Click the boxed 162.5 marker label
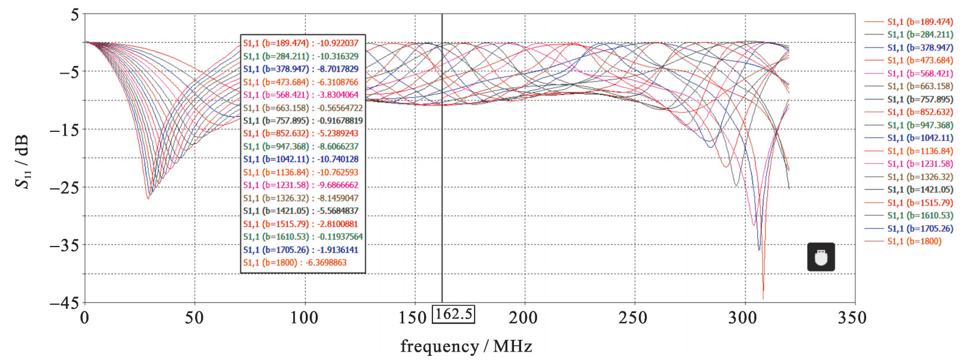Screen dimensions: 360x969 (453, 314)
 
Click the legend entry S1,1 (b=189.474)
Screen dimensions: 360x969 (920, 22)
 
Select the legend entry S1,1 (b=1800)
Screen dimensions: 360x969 (914, 241)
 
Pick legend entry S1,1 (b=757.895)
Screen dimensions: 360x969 (920, 99)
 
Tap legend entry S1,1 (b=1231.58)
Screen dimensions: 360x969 (920, 164)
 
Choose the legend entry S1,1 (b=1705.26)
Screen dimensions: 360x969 (920, 229)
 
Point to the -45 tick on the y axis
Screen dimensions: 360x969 (64, 303)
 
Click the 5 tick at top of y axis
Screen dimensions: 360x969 (75, 14)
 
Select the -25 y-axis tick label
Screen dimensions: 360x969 (64, 188)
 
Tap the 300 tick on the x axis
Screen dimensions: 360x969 (742, 318)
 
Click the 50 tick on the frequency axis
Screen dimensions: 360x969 (195, 318)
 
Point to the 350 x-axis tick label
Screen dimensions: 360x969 (852, 318)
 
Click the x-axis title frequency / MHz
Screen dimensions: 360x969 (466, 346)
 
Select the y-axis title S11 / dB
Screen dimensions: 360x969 (23, 162)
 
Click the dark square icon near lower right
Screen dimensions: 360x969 (821, 257)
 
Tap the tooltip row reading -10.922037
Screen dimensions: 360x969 (301, 43)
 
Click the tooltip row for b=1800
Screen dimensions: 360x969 (295, 263)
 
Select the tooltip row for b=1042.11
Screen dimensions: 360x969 (301, 159)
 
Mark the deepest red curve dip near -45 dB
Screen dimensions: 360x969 (763, 297)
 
